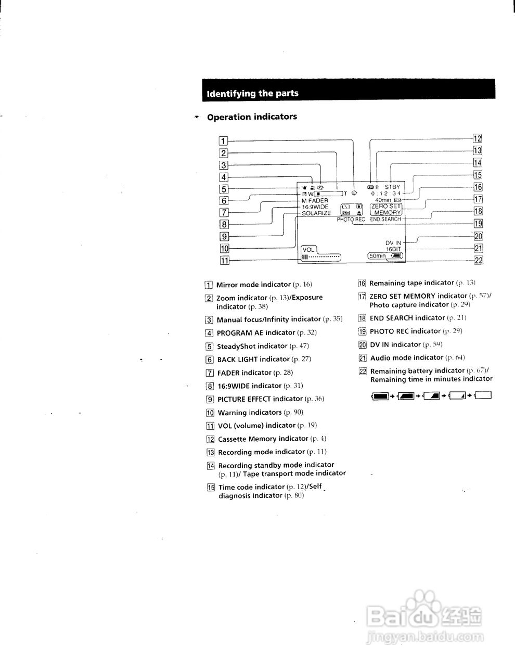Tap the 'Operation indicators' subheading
point(252,117)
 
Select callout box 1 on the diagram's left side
point(224,140)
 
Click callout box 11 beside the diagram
point(224,261)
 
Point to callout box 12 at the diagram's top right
point(477,138)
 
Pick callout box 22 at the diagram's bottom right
point(478,260)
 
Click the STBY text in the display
point(393,187)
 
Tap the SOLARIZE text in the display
point(316,213)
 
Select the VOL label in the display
point(308,250)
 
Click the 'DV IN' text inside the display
point(393,243)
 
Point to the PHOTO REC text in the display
point(351,220)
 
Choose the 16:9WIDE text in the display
point(315,207)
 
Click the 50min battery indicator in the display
point(385,256)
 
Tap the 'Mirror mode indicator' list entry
point(253,285)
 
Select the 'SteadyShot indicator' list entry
point(252,346)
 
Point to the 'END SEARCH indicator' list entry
point(407,318)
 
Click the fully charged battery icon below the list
point(381,396)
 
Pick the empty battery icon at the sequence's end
point(483,395)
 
